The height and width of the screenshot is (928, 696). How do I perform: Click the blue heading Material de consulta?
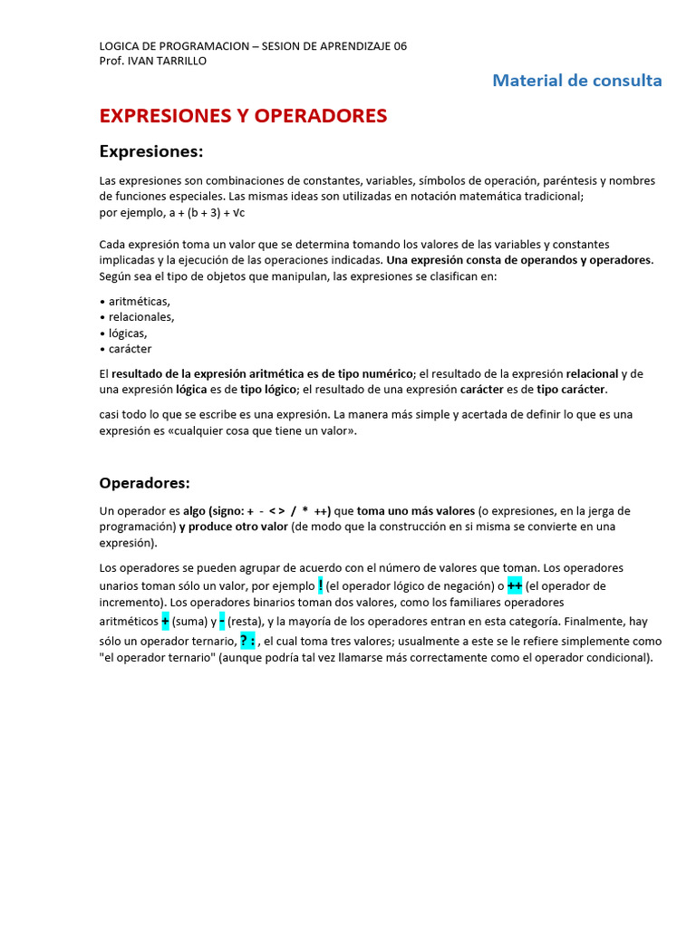pos(576,81)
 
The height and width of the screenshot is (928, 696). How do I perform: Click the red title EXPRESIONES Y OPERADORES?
pos(243,116)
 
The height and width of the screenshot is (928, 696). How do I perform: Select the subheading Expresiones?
pos(151,150)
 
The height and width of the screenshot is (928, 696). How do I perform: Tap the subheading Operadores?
pos(145,483)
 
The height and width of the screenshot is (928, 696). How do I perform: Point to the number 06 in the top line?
pos(400,46)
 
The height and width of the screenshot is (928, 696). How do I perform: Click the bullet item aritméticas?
pos(138,301)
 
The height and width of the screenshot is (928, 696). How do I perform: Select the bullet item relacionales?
pos(140,317)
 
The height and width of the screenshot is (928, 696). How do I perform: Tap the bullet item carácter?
pos(130,349)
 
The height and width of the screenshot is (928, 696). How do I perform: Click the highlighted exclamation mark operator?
pos(321,585)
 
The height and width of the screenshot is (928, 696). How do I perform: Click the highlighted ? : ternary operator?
pos(247,641)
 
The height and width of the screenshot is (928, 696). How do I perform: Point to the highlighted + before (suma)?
pos(166,622)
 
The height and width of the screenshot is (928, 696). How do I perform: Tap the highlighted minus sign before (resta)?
pos(222,622)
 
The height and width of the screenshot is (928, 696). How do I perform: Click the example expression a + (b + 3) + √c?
pos(207,213)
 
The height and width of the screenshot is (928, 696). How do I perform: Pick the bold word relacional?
pos(592,373)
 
